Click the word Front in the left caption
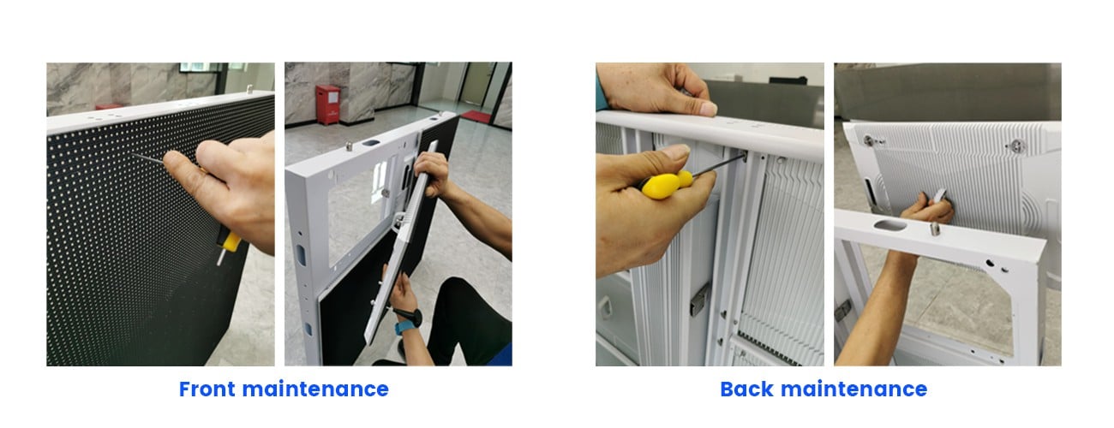207,389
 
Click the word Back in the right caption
746,389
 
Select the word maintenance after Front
315,389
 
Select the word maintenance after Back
853,389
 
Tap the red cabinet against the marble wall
328,104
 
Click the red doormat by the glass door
476,116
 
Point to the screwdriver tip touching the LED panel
133,154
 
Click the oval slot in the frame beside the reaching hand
889,225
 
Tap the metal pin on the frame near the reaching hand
936,229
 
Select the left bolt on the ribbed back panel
869,140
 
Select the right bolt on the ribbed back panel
1017,146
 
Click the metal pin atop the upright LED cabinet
249,89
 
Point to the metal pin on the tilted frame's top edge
350,146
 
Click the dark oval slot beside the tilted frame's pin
371,143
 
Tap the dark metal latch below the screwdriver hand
699,299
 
